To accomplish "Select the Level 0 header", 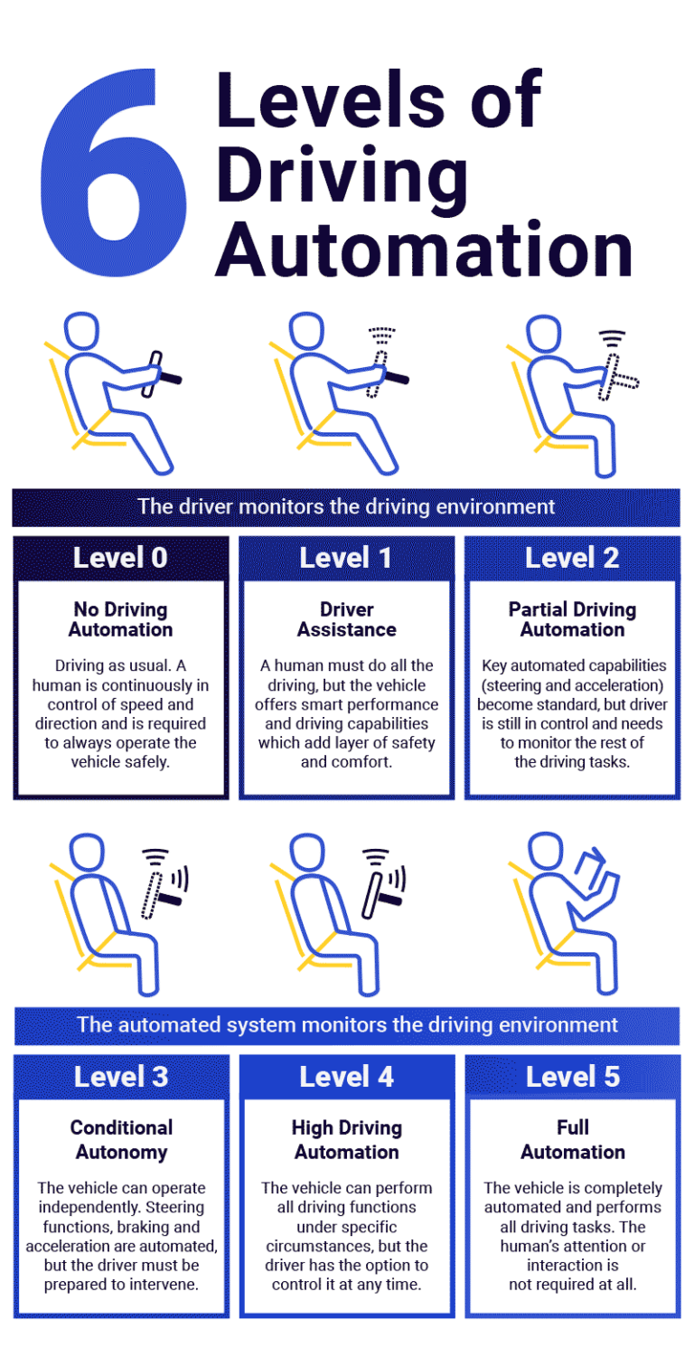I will pyautogui.click(x=120, y=558).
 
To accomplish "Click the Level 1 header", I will pyautogui.click(x=346, y=558).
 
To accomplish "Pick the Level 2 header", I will pyautogui.click(x=572, y=558).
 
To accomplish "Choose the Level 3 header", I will pyautogui.click(x=121, y=1077).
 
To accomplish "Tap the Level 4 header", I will pyautogui.click(x=346, y=1077).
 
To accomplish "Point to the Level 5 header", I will pyautogui.click(x=572, y=1077).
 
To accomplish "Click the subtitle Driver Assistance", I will pyautogui.click(x=346, y=619).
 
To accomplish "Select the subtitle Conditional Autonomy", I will pyautogui.click(x=121, y=1139).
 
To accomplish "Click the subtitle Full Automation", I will pyautogui.click(x=572, y=1139).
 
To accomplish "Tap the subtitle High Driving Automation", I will pyautogui.click(x=346, y=1139).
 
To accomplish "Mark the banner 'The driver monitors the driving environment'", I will pyautogui.click(x=346, y=506).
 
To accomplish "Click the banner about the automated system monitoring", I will pyautogui.click(x=346, y=1025).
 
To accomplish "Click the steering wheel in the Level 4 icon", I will pyautogui.click(x=377, y=895).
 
